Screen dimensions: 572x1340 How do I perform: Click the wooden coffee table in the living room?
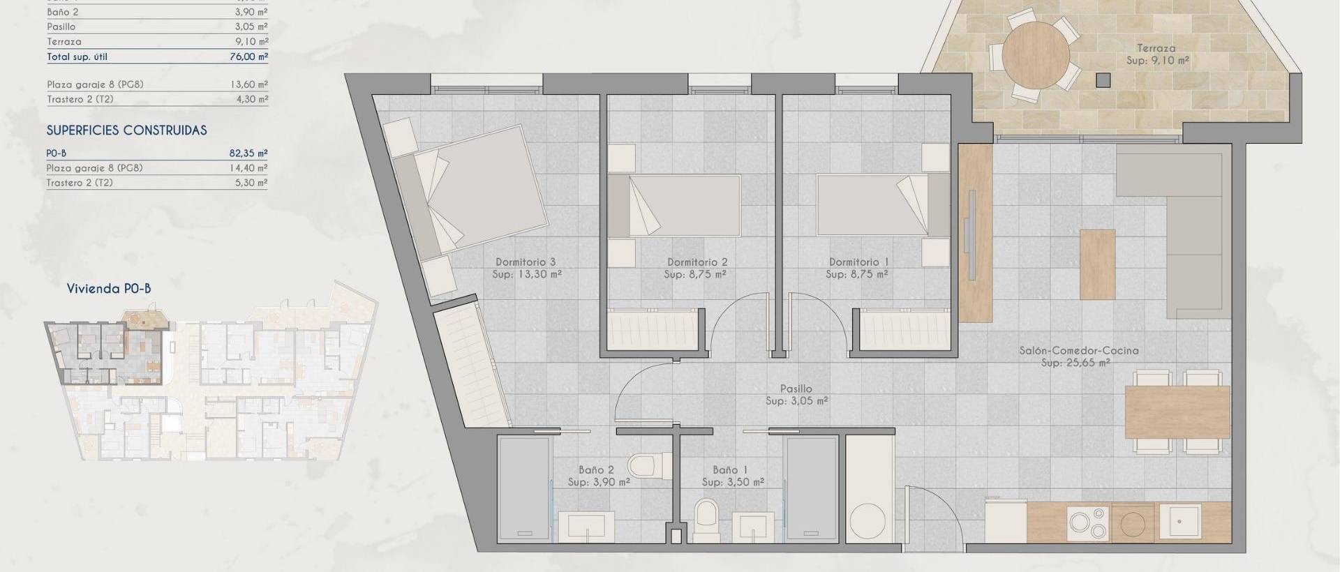click(1097, 264)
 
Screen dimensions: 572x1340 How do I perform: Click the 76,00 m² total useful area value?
click(249, 57)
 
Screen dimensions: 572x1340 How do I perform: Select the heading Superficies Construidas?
click(127, 130)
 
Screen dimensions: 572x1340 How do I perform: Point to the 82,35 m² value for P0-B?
click(249, 153)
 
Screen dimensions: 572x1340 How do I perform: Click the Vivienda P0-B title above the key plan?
click(109, 289)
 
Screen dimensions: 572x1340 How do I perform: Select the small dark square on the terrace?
click(1103, 80)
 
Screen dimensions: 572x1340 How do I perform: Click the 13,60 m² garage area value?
click(249, 84)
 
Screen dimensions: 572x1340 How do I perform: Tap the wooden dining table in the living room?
click(1177, 412)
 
